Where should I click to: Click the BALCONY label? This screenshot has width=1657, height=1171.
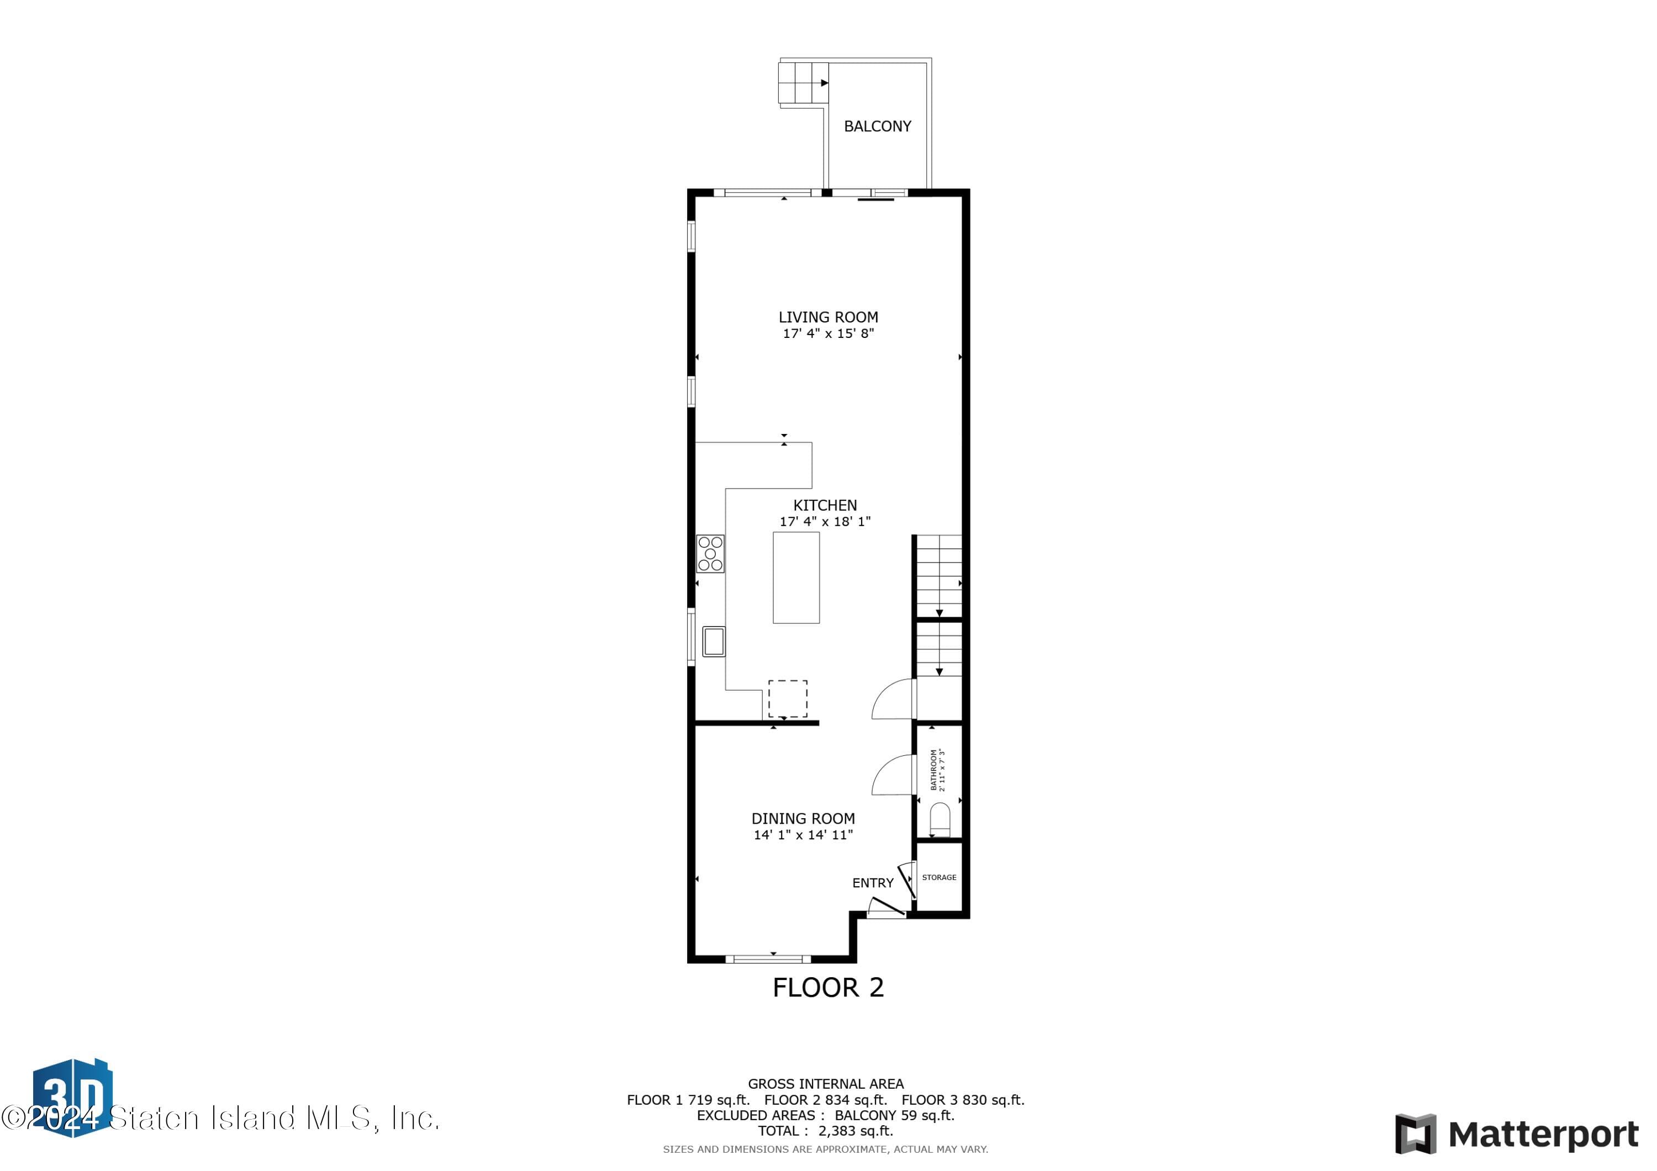pos(877,126)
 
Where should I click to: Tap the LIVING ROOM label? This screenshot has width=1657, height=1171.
pos(828,317)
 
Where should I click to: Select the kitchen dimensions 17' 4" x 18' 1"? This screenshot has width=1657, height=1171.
pos(825,522)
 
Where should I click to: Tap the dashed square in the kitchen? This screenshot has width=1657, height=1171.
pos(788,698)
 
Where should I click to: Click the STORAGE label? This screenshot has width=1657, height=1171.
pos(939,877)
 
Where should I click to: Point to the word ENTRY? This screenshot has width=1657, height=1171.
pos(873,883)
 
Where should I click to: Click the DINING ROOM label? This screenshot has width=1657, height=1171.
pos(803,819)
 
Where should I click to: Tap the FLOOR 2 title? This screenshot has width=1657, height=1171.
pos(828,988)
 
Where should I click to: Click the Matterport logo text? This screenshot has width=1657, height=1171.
pos(1543,1136)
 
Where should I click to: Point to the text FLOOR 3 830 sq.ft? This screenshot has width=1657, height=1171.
pos(963,1100)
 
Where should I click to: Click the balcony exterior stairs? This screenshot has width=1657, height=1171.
pos(802,83)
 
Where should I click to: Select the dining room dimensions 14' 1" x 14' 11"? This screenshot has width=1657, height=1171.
pos(803,835)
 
